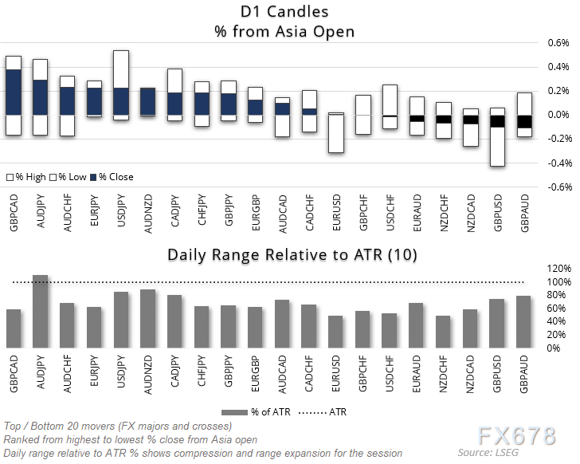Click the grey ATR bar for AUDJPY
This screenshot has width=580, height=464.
(x=41, y=312)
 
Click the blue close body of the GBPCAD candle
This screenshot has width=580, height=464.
(x=14, y=92)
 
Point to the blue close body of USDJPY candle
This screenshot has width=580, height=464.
(x=121, y=101)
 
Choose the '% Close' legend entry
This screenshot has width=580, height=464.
(x=111, y=176)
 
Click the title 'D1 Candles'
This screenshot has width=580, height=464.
(x=291, y=13)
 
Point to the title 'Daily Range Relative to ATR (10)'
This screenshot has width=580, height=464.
(x=290, y=254)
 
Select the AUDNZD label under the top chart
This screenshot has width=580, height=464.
(x=148, y=211)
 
